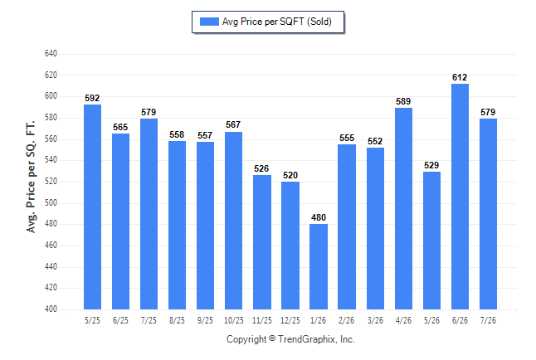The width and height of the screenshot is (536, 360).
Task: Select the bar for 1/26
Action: click(319, 266)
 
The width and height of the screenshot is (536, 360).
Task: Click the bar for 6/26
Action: click(460, 197)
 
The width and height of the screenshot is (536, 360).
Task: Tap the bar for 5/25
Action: click(92, 207)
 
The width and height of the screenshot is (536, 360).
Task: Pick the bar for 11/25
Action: click(262, 242)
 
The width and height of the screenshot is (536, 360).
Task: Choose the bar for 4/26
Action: click(404, 208)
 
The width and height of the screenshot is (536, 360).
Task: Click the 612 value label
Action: click(460, 77)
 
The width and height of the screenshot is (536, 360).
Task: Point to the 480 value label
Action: click(319, 217)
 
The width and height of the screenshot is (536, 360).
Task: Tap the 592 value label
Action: click(92, 98)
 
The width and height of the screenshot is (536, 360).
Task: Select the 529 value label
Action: click(431, 165)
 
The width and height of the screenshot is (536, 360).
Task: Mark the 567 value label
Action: click(233, 124)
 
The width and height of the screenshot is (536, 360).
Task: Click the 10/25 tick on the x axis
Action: click(234, 320)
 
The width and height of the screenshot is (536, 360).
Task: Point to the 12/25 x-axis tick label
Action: click(290, 320)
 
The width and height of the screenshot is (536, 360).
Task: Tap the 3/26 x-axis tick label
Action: click(375, 320)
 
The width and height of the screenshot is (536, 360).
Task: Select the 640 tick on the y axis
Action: click(51, 54)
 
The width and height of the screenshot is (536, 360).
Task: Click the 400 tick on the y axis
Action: click(51, 309)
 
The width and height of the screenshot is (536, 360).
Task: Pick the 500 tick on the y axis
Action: click(51, 202)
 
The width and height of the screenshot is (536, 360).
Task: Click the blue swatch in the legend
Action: click(209, 22)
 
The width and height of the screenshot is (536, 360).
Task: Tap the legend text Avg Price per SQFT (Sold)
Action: click(277, 22)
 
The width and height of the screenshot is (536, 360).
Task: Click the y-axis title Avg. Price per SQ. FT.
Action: click(31, 177)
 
